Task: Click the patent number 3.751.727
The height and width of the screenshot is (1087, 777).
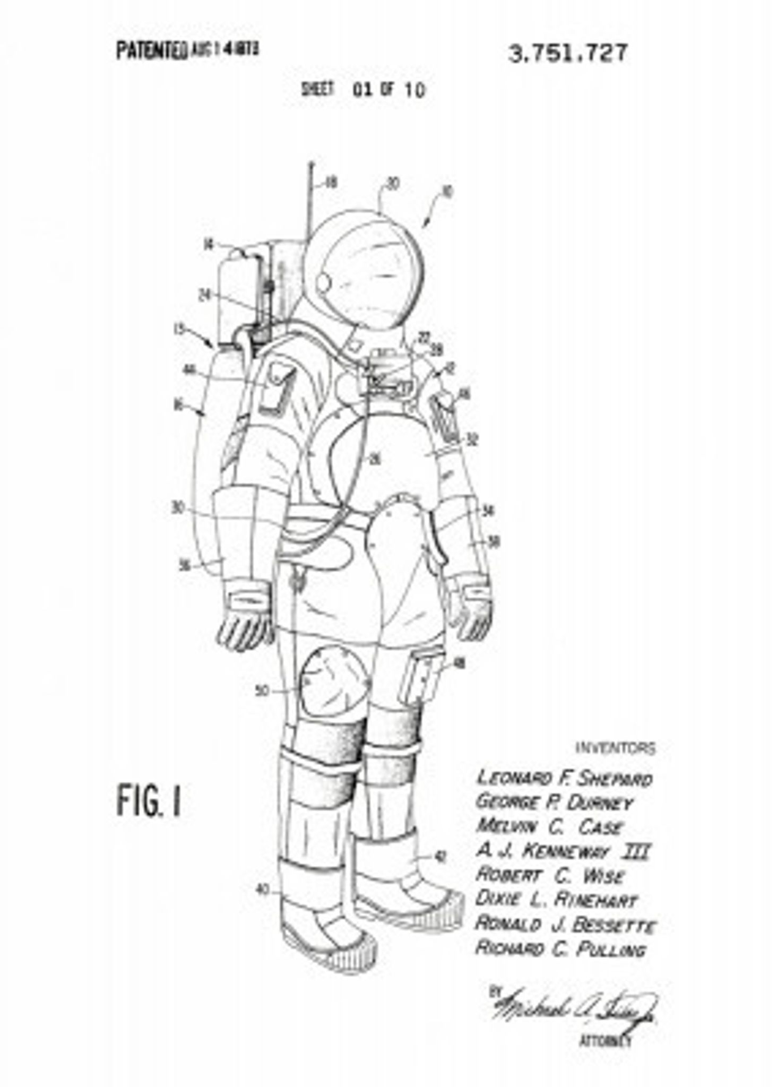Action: click(567, 54)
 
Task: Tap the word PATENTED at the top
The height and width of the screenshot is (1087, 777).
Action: click(151, 51)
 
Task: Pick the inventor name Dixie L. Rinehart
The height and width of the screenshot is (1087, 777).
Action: click(556, 899)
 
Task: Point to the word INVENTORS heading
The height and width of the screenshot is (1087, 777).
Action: click(616, 748)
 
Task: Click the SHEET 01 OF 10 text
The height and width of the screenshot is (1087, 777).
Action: click(363, 89)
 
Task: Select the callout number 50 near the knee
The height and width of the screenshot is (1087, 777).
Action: click(262, 691)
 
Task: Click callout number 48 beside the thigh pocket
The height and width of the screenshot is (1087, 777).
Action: click(459, 663)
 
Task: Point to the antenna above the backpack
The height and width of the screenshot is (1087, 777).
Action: click(310, 196)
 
